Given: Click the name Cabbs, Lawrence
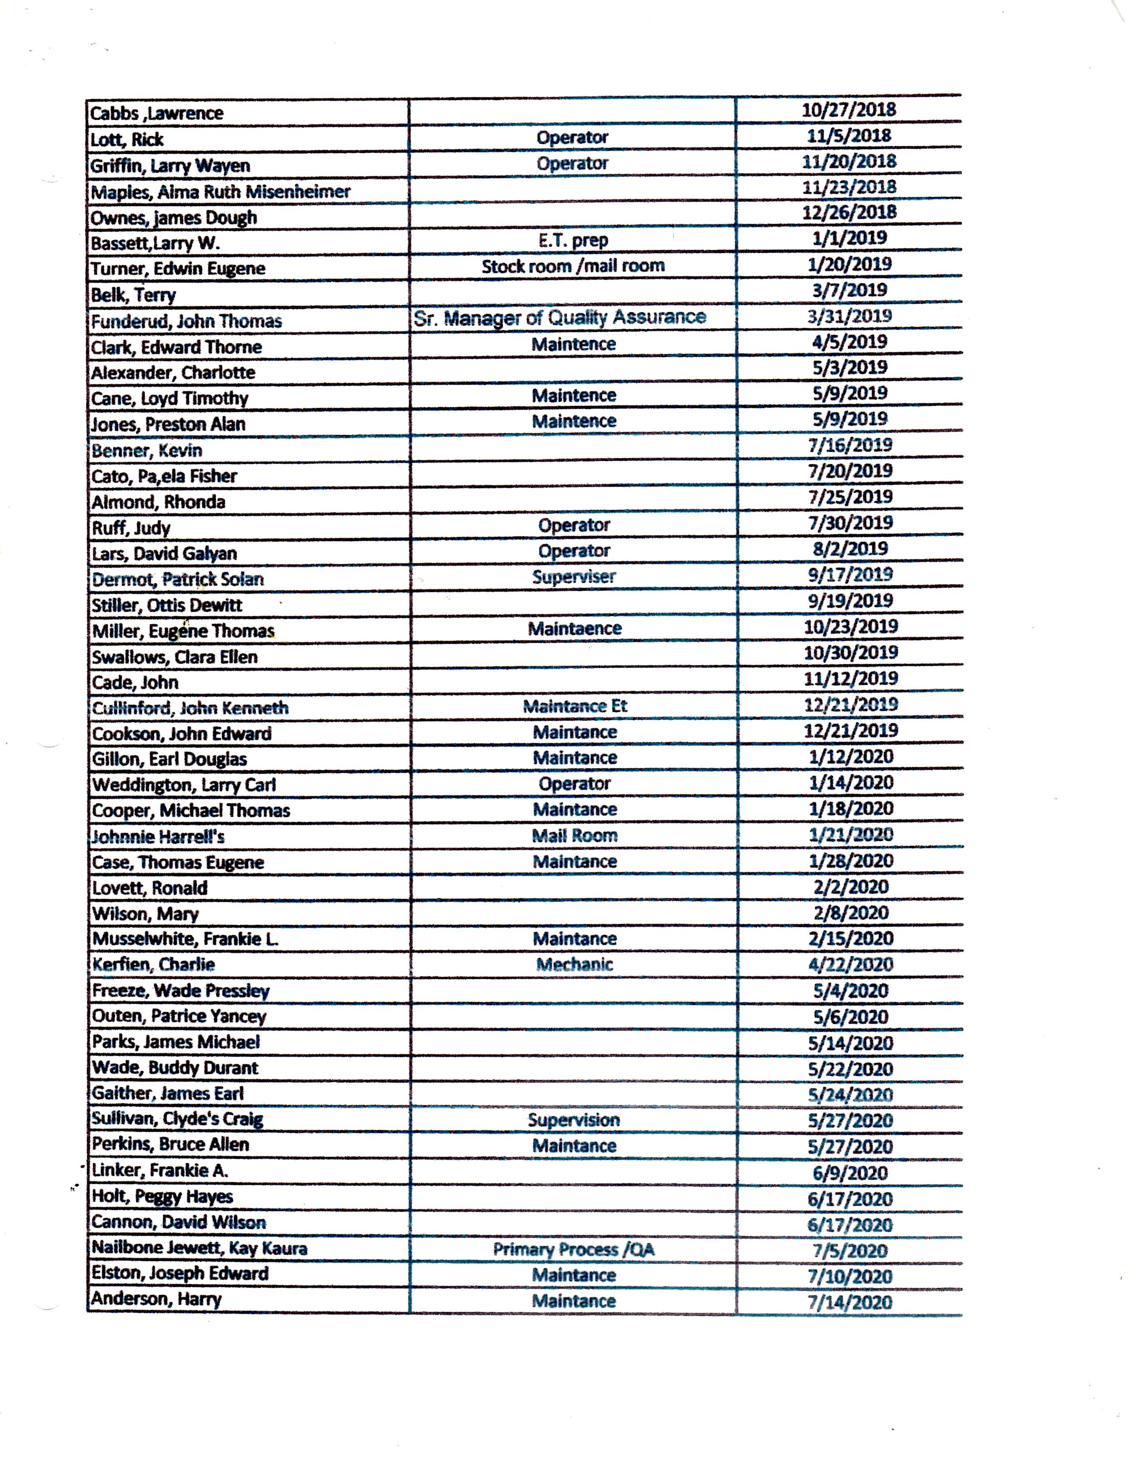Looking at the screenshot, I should tap(157, 113).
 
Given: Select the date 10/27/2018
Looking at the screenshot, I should tap(849, 110).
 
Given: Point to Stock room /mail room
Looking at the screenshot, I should tap(573, 266).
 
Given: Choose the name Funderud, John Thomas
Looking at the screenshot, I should tap(186, 321).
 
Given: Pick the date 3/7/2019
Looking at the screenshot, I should tap(849, 290).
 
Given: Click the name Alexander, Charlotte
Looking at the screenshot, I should tap(173, 372).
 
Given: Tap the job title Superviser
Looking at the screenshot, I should tap(573, 577).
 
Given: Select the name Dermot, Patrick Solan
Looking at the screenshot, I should tap(178, 579).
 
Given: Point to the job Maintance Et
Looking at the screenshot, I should tap(575, 706).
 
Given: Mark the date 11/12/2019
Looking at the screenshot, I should tap(851, 679).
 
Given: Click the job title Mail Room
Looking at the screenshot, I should tap(575, 835).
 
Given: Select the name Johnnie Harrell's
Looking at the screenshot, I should tap(158, 836).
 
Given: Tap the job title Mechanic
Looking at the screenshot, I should tap(575, 964).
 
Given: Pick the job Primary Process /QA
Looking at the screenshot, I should tap(573, 1249).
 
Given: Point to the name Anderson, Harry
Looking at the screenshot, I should tap(156, 1299).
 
